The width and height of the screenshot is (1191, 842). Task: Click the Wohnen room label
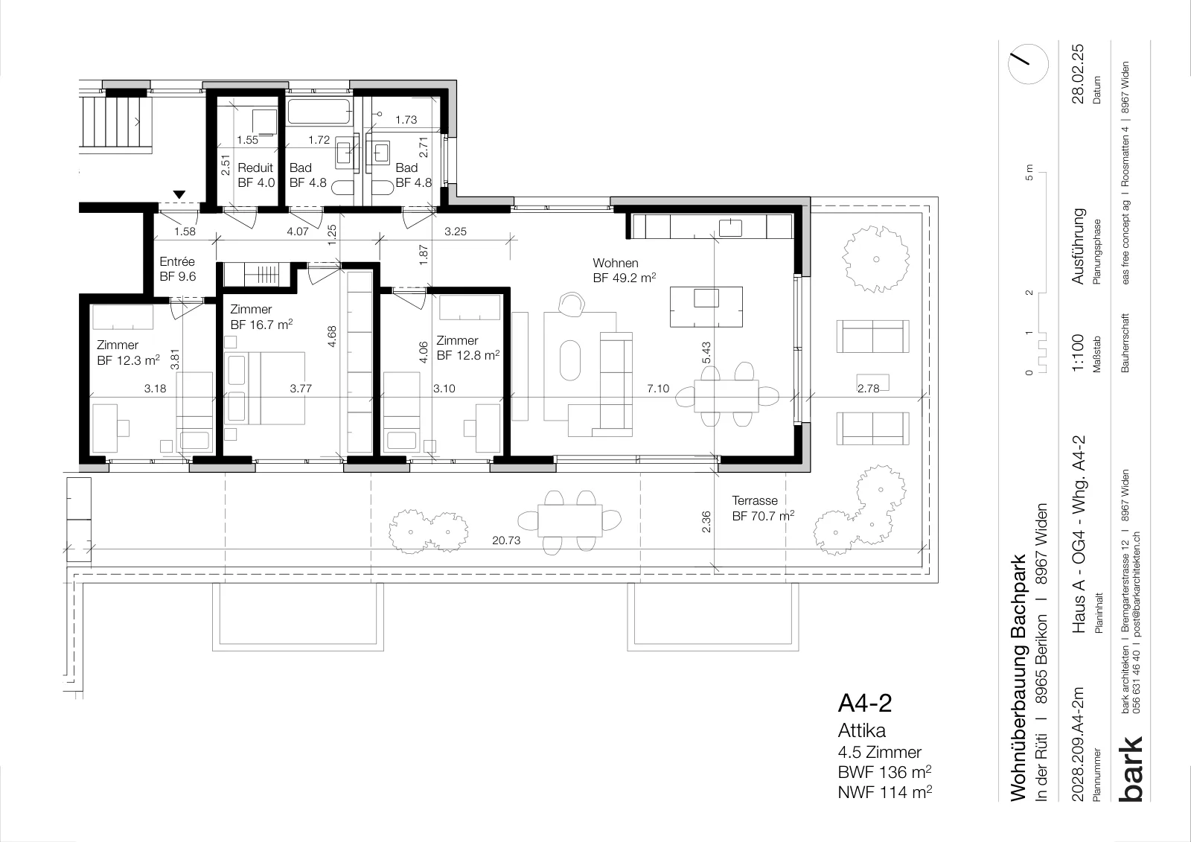(615, 263)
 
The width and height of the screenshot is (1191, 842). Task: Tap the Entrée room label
(177, 262)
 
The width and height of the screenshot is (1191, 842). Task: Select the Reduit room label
(255, 168)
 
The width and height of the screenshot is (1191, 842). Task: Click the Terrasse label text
(755, 500)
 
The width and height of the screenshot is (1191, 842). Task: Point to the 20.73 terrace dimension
(506, 540)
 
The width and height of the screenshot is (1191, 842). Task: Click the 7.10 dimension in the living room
(658, 389)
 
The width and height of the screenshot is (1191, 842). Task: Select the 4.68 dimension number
(332, 337)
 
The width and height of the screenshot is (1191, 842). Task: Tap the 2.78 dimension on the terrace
(868, 389)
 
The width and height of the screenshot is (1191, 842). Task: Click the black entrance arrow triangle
(179, 194)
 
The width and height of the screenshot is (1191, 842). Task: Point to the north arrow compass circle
(1028, 64)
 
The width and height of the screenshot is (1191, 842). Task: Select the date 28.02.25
(1078, 74)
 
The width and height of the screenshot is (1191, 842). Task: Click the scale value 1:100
(1078, 353)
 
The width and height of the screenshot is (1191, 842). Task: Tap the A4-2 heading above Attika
(865, 704)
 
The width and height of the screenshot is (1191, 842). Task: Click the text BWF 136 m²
(885, 772)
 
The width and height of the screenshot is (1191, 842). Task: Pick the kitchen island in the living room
(706, 307)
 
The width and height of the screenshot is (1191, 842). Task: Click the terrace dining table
(569, 520)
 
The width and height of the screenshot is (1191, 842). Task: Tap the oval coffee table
(570, 360)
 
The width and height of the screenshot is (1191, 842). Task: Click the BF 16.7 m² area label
(261, 324)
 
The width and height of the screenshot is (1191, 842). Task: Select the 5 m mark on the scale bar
(1029, 172)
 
